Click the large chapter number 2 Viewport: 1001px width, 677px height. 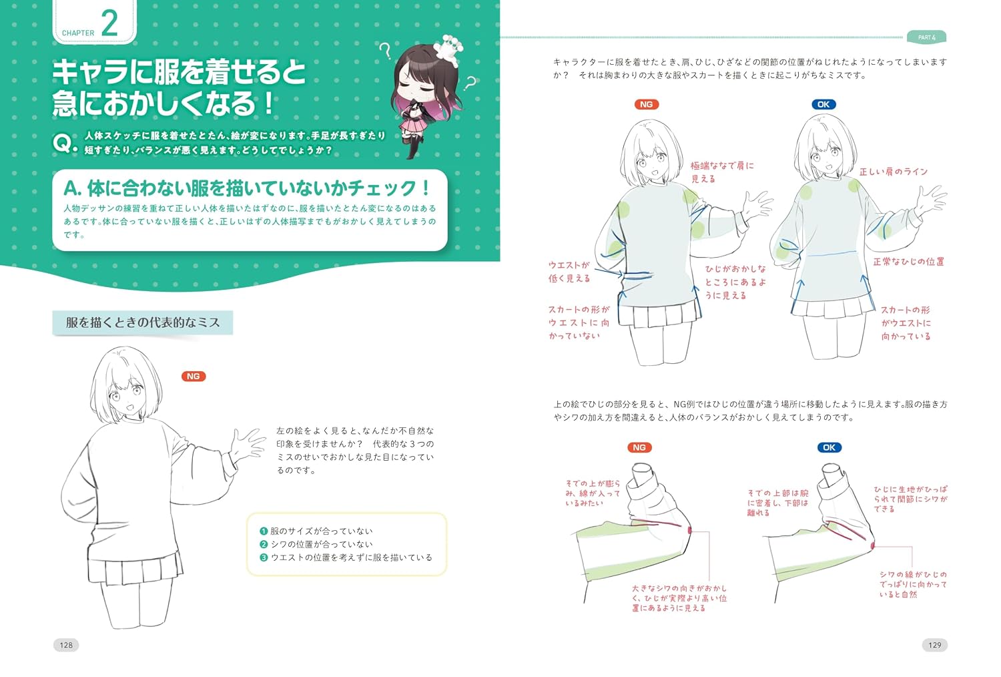point(109,23)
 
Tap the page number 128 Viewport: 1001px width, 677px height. point(66,645)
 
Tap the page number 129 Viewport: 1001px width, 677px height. point(934,645)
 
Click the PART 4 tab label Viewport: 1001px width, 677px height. point(926,37)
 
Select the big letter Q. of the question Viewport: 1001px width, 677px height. point(65,143)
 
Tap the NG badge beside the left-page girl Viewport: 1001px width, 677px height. point(194,377)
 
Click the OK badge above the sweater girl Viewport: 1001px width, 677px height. point(823,104)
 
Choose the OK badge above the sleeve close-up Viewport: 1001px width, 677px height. point(829,447)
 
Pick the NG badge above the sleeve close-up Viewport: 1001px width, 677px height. point(639,447)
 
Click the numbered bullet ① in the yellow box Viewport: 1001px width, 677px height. point(264,531)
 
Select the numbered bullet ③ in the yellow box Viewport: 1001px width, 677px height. point(264,557)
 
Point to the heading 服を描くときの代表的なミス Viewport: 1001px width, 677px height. point(143,322)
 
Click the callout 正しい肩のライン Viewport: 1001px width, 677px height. point(894,172)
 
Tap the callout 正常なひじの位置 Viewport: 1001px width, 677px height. point(908,262)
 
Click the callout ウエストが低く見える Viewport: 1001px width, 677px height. point(569,272)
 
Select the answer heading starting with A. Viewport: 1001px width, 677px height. point(247,188)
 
